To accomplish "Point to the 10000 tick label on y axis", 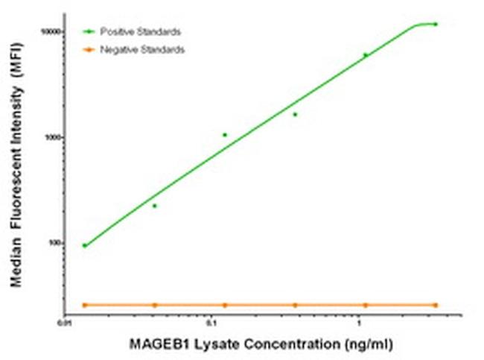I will tap(50, 31).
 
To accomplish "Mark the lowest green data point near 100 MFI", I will tap(84, 245).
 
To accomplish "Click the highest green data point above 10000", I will tap(436, 24).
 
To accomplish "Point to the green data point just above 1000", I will tap(225, 135).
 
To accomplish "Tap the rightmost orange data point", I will tap(436, 305).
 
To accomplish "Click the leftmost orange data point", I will tap(84, 305).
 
